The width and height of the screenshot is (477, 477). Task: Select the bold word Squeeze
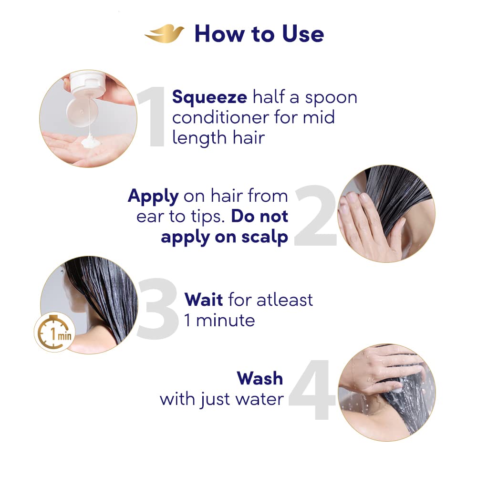pyautogui.click(x=209, y=98)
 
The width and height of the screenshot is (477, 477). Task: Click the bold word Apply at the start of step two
pyautogui.click(x=153, y=197)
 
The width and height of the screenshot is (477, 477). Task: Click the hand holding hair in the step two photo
pyautogui.click(x=367, y=222)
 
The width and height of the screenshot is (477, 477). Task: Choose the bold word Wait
pyautogui.click(x=204, y=300)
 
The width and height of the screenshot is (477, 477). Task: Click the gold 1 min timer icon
pyautogui.click(x=54, y=332)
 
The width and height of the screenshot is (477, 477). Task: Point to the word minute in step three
pyautogui.click(x=226, y=320)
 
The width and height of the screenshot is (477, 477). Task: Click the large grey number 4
pyautogui.click(x=312, y=391)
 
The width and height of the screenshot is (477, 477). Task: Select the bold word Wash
pyautogui.click(x=260, y=378)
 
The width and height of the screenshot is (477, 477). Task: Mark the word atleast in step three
pyautogui.click(x=285, y=300)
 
